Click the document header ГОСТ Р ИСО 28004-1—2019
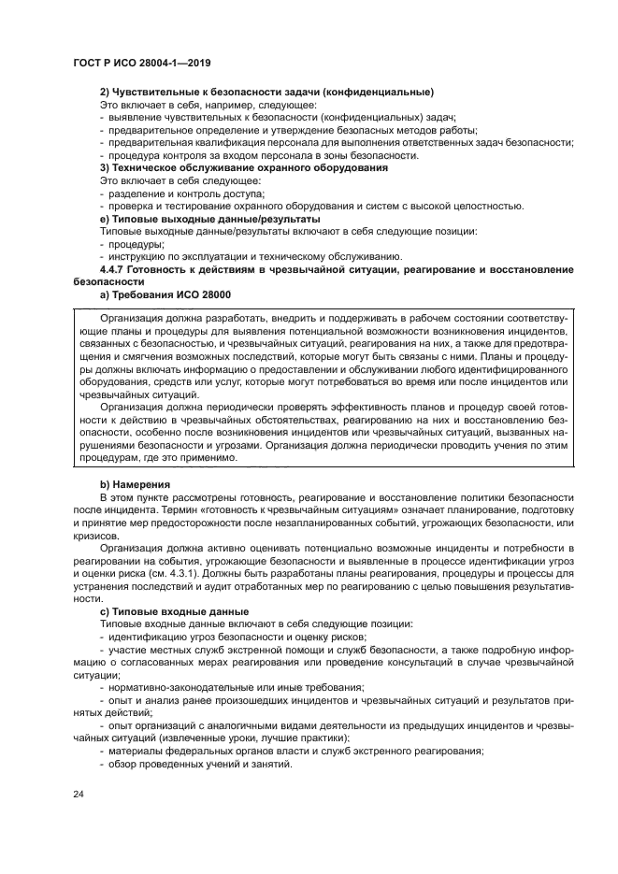[x=141, y=63]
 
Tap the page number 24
[x=78, y=795]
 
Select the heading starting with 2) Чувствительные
[x=266, y=93]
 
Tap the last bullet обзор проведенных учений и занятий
[x=199, y=763]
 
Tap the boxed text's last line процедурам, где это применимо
[x=155, y=458]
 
